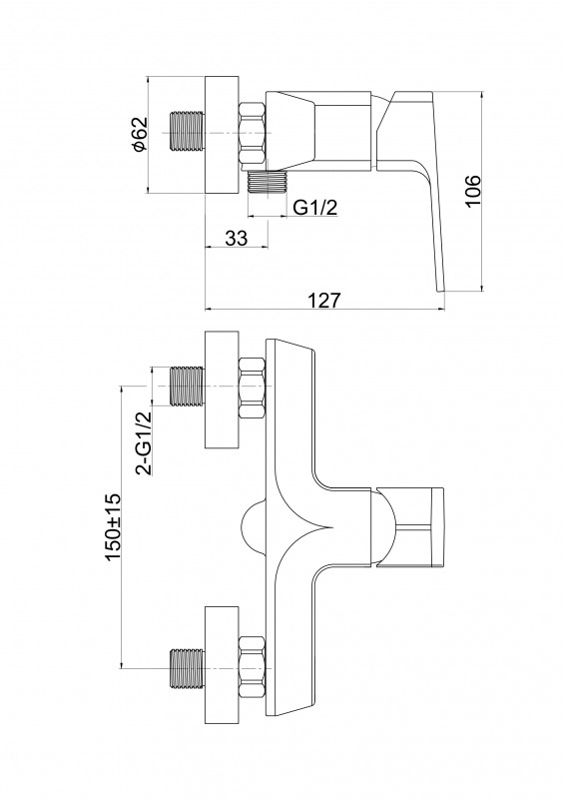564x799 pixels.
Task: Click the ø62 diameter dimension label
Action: (x=139, y=135)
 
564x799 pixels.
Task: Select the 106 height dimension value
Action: (x=472, y=191)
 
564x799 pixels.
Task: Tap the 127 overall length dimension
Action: (x=324, y=300)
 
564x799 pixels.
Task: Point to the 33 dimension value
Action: (x=236, y=238)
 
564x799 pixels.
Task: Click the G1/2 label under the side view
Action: (x=315, y=208)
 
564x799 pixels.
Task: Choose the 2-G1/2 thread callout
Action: (x=145, y=442)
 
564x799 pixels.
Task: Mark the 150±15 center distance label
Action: (x=112, y=527)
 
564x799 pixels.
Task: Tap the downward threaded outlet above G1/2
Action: (x=268, y=182)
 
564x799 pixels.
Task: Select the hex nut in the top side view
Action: (x=253, y=134)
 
